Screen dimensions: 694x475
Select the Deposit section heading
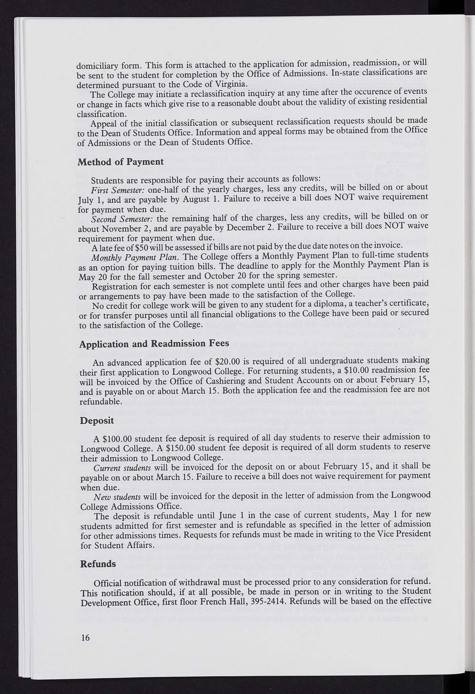tap(97, 420)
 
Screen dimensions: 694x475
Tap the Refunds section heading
tap(98, 564)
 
